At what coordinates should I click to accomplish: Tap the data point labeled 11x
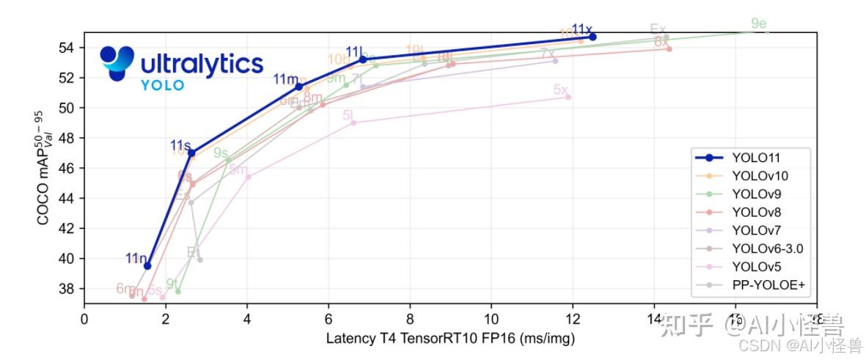(592, 37)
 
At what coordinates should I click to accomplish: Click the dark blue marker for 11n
(147, 265)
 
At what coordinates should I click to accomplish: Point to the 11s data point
(191, 153)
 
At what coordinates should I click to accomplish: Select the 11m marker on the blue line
(298, 87)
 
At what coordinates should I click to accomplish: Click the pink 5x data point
(568, 97)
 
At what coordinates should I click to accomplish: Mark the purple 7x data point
(555, 61)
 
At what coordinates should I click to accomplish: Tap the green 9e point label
(759, 24)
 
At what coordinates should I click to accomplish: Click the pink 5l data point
(353, 122)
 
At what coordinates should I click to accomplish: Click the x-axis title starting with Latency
(450, 339)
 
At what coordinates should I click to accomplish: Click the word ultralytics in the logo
(201, 64)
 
